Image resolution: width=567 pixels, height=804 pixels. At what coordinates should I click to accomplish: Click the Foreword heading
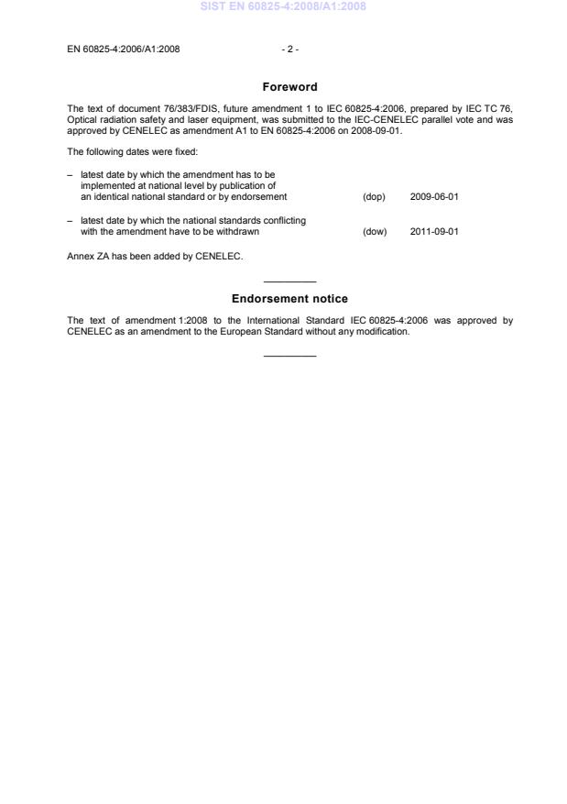289,87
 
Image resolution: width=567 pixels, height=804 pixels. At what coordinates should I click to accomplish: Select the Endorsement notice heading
289,299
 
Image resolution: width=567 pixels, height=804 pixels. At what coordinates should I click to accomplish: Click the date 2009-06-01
434,197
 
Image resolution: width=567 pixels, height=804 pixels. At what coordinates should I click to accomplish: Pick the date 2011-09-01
434,231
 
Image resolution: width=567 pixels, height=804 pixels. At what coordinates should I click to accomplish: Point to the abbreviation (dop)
374,197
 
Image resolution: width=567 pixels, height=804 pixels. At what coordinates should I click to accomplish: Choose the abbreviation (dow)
375,231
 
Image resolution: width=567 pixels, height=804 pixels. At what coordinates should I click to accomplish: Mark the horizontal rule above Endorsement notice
289,281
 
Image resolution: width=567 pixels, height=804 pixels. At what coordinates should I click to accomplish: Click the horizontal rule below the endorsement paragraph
289,356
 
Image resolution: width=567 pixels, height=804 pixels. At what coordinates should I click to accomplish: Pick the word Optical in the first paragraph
81,119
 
